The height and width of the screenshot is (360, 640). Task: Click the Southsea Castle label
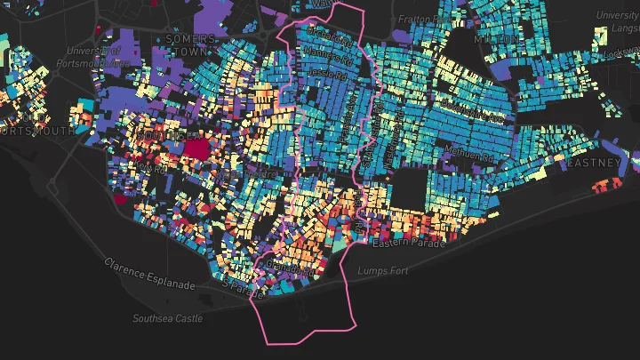[167, 318]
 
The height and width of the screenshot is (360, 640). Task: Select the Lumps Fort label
[382, 270]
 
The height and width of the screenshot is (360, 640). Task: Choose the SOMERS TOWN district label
[190, 45]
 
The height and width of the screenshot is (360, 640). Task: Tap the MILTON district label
[493, 41]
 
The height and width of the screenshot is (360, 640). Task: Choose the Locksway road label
[622, 53]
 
